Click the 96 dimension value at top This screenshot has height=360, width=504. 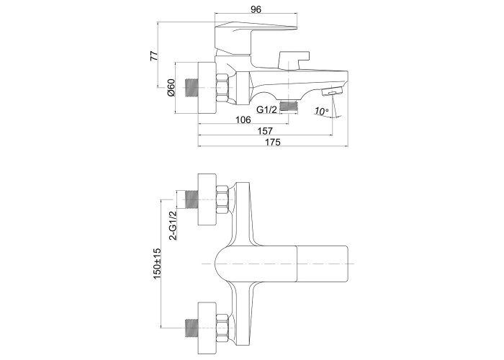point(256,9)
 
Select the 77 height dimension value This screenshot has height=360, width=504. point(154,55)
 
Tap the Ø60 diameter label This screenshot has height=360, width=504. point(171,87)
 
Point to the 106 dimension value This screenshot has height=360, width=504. point(243,120)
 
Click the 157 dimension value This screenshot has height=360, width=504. point(265,131)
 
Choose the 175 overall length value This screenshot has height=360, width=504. point(273,142)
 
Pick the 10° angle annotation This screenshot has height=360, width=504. point(321,111)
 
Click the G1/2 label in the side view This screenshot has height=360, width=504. point(266,109)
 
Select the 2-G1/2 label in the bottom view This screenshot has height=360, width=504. point(173,225)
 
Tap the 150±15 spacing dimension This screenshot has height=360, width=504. point(157,264)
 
